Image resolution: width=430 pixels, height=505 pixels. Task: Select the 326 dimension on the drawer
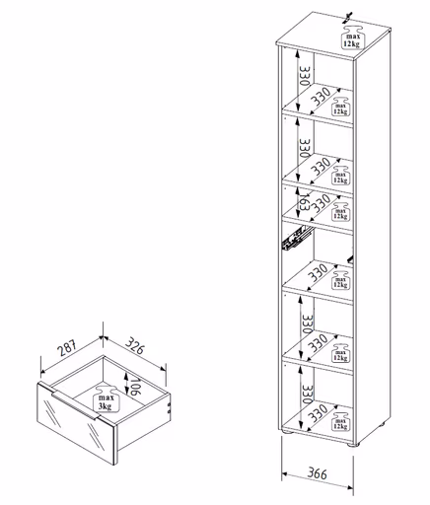coord(142,347)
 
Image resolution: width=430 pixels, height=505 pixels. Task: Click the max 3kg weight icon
coord(104,398)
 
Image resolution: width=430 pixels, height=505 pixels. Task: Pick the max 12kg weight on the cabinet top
coord(350,39)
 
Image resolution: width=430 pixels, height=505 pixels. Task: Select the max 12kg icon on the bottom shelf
coord(340,422)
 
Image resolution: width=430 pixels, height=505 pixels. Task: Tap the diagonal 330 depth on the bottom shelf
coord(321,417)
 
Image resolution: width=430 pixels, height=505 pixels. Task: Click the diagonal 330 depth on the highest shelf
coord(321,97)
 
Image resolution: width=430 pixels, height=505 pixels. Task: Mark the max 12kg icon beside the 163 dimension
coord(340,208)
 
